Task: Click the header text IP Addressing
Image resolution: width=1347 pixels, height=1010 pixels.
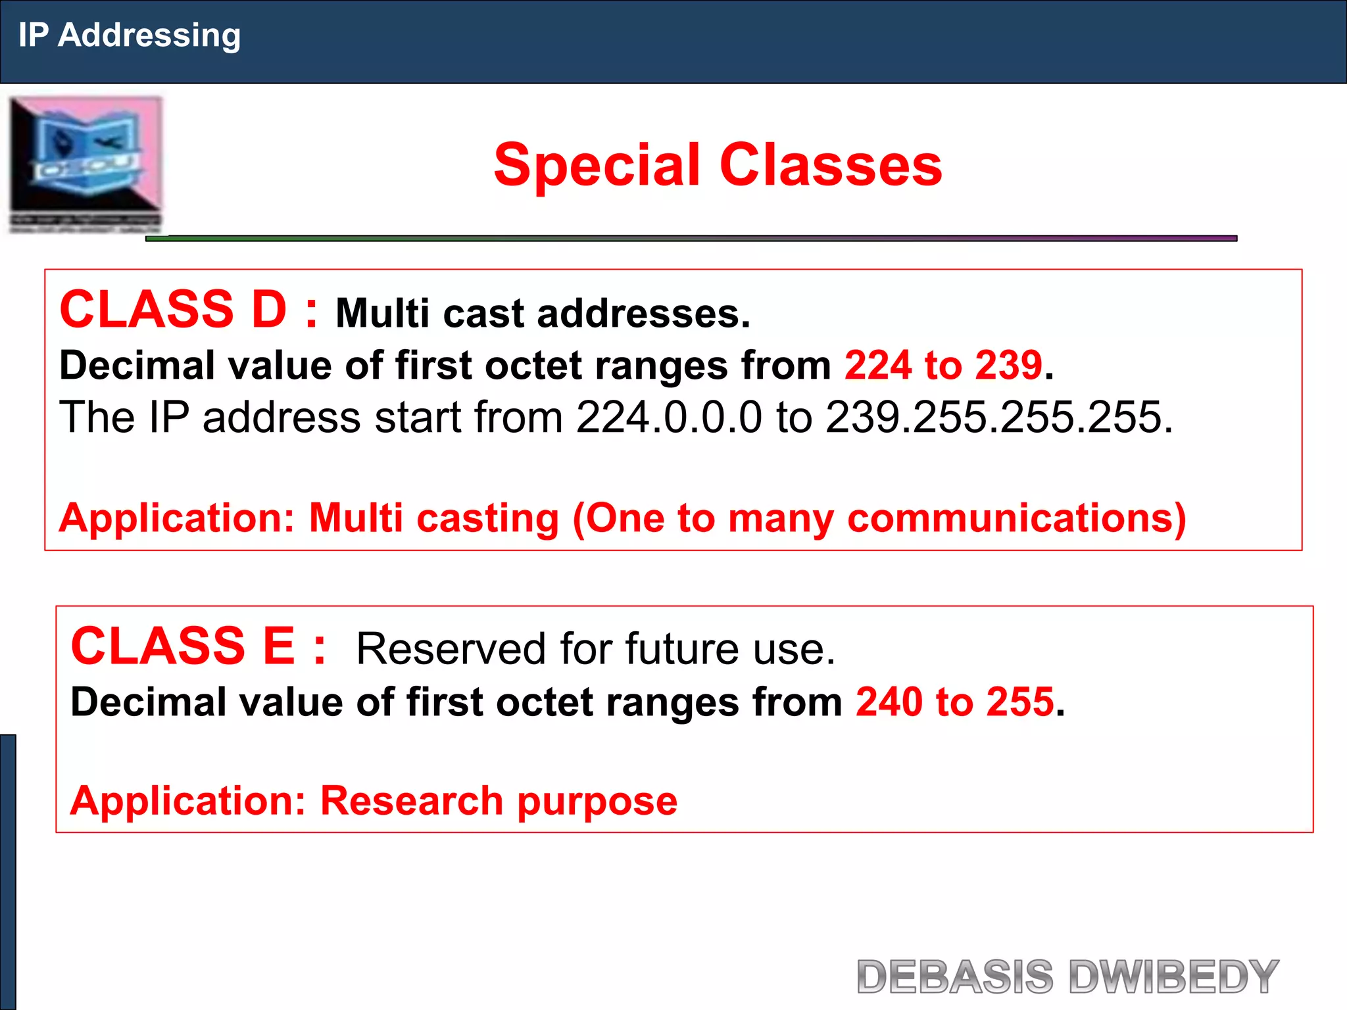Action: tap(129, 36)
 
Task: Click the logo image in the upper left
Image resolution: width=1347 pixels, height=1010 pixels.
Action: tap(86, 164)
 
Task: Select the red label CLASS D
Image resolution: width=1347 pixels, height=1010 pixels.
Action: tap(173, 310)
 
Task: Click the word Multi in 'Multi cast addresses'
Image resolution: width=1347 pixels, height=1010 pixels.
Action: tap(382, 313)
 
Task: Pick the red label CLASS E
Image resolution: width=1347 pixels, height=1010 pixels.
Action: tap(183, 646)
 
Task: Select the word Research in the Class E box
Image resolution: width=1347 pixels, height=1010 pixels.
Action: tap(411, 801)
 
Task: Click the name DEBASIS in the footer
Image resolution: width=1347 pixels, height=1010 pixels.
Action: tap(955, 976)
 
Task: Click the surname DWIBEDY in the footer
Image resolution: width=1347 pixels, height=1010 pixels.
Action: tap(1173, 976)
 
